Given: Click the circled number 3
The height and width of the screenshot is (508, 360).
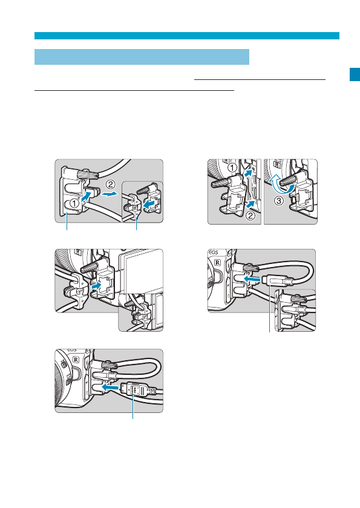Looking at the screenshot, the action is point(279,200).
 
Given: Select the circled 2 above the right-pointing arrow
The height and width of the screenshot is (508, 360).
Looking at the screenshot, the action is point(110,184).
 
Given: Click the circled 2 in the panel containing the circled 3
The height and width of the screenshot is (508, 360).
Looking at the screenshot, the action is point(250,216).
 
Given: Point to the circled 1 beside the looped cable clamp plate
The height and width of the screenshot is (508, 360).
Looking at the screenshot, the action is point(74,203).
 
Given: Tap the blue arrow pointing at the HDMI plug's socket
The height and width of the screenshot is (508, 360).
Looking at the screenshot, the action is point(110,387).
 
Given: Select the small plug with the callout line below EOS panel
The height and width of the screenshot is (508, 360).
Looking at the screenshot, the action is point(278,280).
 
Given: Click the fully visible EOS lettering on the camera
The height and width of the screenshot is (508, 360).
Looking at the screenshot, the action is point(214,252).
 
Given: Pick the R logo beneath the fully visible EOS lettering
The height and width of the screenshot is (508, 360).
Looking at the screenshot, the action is point(217,262).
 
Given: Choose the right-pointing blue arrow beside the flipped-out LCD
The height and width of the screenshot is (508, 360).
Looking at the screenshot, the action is point(97,286).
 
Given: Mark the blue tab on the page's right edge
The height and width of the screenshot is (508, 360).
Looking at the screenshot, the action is point(355,74).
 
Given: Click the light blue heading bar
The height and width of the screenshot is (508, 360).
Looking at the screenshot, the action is point(142,57).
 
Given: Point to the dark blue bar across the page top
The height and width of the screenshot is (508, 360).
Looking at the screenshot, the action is point(187,36).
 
